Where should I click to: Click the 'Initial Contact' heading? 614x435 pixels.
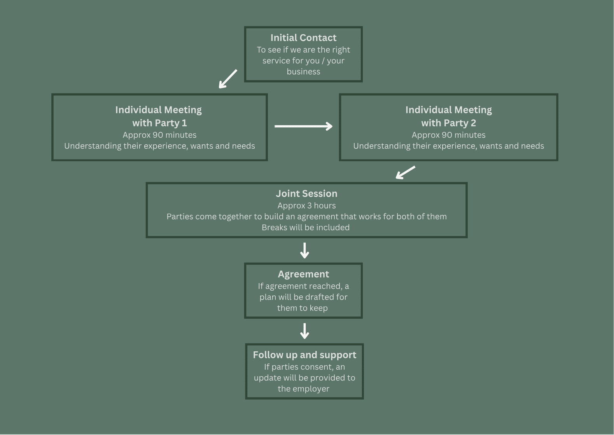(x=303, y=38)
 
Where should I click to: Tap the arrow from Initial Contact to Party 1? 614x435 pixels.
(x=228, y=79)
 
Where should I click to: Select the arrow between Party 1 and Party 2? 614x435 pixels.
(x=303, y=126)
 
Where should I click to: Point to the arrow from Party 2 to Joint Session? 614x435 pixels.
(x=406, y=172)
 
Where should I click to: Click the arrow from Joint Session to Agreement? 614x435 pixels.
(x=304, y=251)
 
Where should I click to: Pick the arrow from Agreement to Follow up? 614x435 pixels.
(x=304, y=331)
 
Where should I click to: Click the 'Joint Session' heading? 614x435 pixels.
(x=306, y=194)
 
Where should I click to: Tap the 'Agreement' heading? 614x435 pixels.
(x=303, y=274)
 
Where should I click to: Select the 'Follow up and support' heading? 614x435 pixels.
(x=304, y=355)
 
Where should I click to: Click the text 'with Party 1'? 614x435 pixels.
(x=159, y=123)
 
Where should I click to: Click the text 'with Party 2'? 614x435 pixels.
(x=448, y=123)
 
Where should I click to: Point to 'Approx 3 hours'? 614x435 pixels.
(x=306, y=206)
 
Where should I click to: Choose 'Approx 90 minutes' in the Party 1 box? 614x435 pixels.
(x=159, y=135)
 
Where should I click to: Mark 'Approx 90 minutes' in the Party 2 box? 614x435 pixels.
(x=448, y=135)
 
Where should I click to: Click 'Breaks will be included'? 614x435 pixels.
(x=306, y=228)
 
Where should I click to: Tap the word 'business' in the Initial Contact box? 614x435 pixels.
(x=303, y=72)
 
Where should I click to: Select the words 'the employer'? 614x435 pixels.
(x=303, y=389)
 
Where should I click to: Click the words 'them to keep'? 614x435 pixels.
(x=303, y=308)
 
